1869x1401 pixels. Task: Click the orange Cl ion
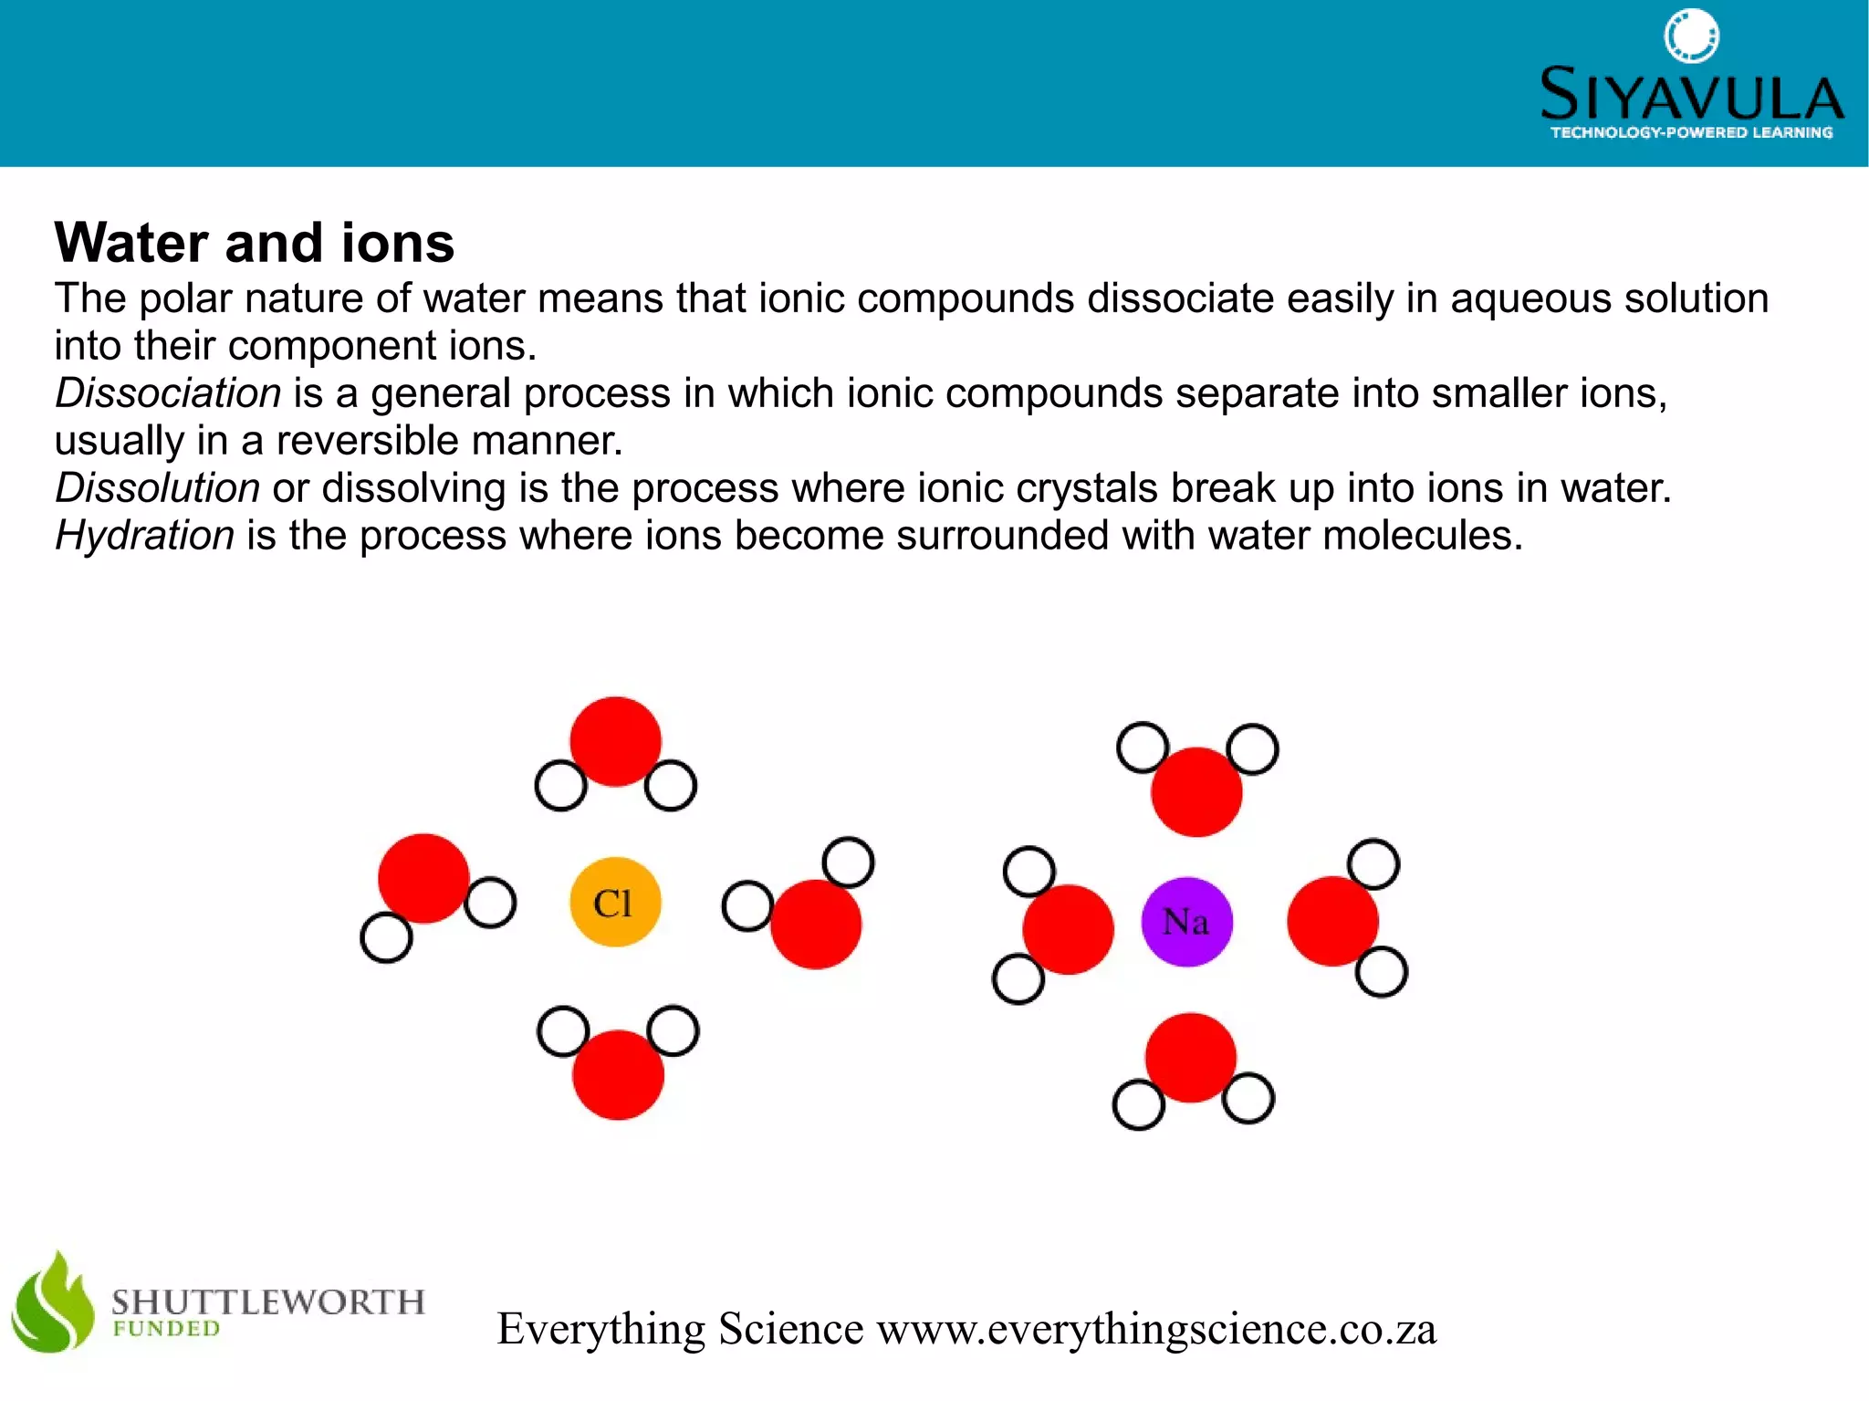tap(615, 902)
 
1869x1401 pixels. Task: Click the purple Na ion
tap(1186, 921)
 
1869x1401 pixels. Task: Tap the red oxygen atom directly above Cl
tap(615, 741)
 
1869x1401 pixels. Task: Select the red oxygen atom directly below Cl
tap(618, 1074)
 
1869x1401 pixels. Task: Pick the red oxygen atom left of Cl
tap(423, 878)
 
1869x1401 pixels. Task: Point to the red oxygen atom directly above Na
tap(1196, 791)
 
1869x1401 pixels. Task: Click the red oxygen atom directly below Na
tap(1190, 1057)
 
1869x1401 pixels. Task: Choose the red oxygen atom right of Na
tap(1332, 921)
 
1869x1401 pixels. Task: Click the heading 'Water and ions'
tap(254, 243)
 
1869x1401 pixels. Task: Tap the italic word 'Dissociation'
tap(168, 393)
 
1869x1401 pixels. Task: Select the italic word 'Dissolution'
tap(157, 488)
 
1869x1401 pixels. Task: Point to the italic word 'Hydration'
tap(144, 536)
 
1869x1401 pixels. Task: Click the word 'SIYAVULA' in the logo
tap(1691, 95)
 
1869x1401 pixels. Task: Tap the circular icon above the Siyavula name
tap(1691, 37)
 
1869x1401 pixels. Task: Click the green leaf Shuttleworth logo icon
tap(52, 1302)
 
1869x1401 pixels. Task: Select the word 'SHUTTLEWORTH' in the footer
tap(268, 1301)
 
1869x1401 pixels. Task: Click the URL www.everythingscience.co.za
tap(1156, 1329)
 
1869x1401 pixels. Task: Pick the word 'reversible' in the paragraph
tap(371, 441)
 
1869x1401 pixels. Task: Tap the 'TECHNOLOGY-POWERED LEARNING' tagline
tap(1691, 133)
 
